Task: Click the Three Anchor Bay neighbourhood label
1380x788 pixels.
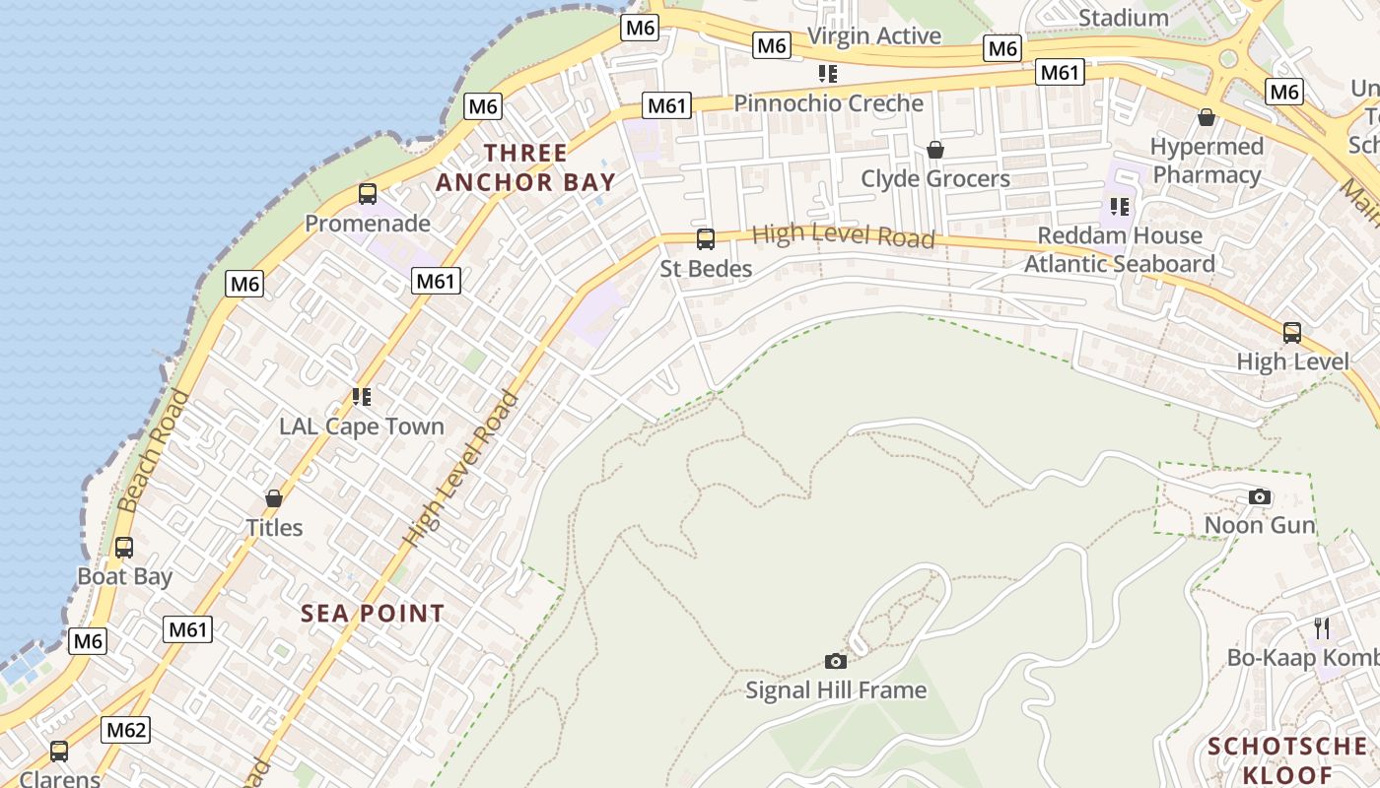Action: coord(525,167)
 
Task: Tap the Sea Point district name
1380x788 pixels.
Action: coord(373,614)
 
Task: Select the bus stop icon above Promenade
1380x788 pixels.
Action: coord(368,194)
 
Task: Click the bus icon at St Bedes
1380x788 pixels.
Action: coord(706,238)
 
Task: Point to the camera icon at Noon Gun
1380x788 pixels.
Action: coord(1260,497)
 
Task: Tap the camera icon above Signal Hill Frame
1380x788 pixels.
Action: coord(836,661)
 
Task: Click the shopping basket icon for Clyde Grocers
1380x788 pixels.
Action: coord(935,150)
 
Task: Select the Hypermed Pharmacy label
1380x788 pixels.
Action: coord(1207,161)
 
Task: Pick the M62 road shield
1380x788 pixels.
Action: coord(126,730)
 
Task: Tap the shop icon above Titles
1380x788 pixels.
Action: coord(274,499)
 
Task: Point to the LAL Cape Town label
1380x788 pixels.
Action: coord(362,427)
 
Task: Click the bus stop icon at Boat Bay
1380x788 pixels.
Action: coord(124,548)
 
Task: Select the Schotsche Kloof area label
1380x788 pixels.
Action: coord(1287,759)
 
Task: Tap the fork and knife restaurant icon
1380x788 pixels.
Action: coord(1322,627)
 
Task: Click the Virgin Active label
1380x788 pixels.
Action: coord(874,36)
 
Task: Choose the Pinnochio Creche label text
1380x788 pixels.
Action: coord(829,103)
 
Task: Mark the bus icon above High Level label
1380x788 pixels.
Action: coord(1292,333)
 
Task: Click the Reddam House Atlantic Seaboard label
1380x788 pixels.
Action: coord(1120,249)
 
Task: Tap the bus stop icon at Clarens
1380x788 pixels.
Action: coord(59,752)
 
